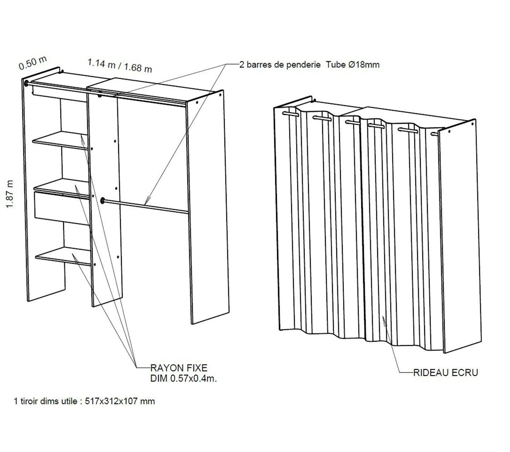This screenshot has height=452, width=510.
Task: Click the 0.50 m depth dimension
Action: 32,63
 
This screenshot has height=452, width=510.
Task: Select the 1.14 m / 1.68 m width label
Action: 119,66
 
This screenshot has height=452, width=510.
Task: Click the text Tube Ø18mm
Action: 353,65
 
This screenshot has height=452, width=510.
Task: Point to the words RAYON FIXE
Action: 179,368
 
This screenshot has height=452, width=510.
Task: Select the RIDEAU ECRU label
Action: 445,372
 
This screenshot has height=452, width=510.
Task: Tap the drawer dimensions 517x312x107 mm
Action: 120,401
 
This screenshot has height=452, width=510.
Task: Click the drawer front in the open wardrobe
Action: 60,208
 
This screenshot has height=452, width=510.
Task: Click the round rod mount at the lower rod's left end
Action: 103,200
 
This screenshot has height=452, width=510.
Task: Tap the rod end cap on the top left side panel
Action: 26,83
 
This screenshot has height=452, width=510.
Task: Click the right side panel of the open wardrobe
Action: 206,208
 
